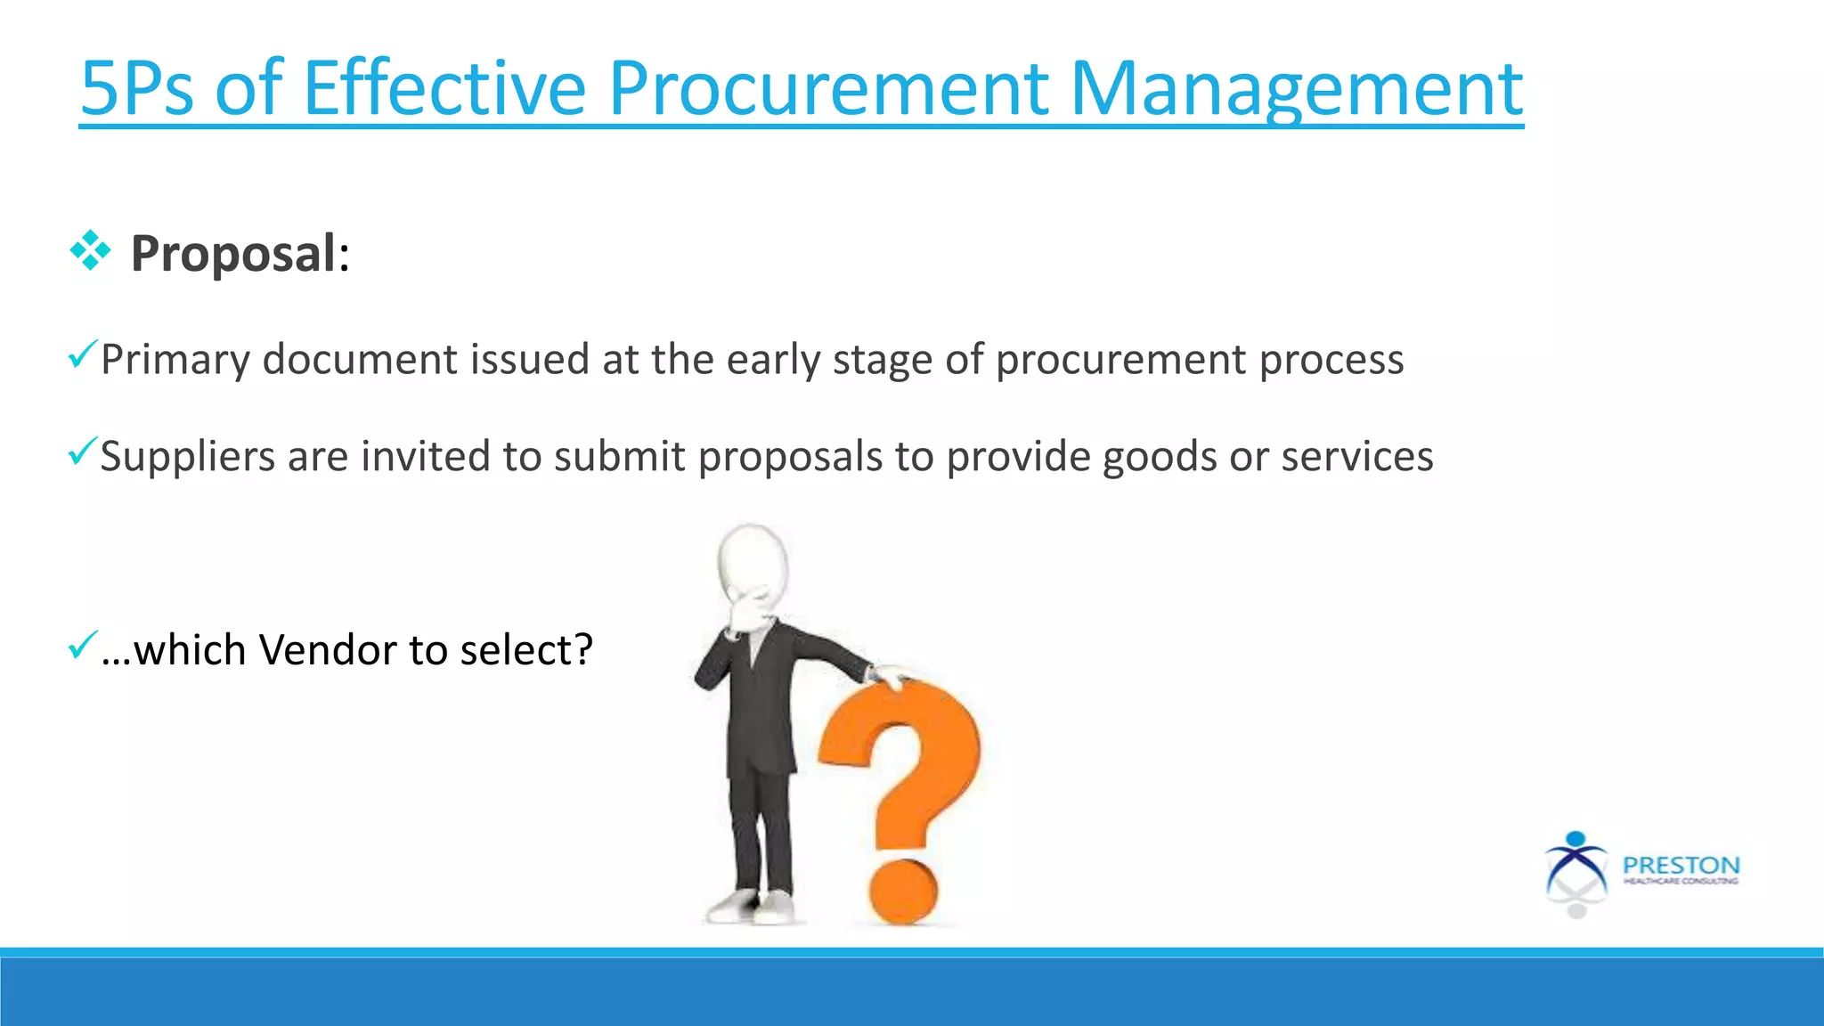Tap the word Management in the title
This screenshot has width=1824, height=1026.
click(x=1296, y=89)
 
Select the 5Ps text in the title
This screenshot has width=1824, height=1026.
click(x=136, y=89)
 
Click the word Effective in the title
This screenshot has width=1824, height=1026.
click(x=444, y=89)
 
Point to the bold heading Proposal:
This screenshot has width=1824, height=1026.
click(x=240, y=254)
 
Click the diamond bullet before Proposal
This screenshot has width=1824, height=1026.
click(x=90, y=251)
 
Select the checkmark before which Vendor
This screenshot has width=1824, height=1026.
click(x=81, y=645)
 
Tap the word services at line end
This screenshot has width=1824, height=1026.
click(x=1356, y=457)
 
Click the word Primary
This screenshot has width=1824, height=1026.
click(x=175, y=361)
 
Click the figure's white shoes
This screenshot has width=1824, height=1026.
click(x=753, y=907)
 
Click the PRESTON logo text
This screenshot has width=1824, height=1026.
click(x=1681, y=866)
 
